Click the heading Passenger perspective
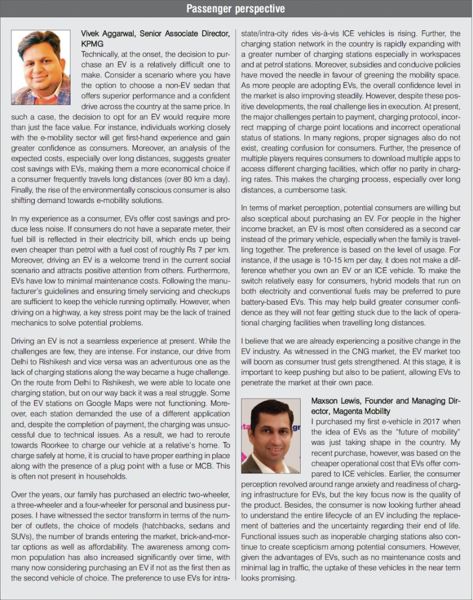[236, 8]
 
